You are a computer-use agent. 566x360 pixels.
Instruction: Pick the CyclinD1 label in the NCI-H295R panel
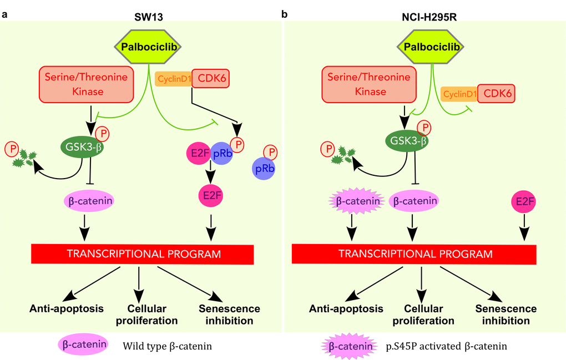click(459, 94)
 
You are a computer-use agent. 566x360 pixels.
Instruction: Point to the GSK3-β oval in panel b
click(408, 140)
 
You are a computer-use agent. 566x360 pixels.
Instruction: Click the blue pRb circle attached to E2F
click(222, 154)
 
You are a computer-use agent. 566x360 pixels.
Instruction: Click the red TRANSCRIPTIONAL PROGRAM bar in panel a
click(144, 254)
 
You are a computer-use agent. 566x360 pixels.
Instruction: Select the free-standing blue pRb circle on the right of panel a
click(264, 168)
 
